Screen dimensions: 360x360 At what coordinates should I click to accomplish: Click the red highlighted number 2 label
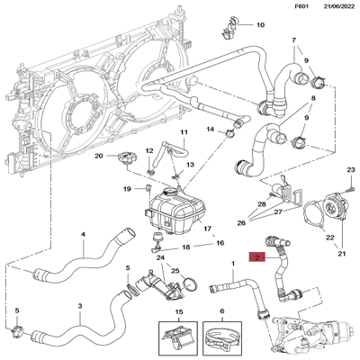259,258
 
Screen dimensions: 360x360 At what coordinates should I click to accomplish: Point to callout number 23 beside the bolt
351,170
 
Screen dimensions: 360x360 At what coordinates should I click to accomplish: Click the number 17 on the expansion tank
206,229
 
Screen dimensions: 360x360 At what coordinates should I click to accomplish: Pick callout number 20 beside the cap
101,156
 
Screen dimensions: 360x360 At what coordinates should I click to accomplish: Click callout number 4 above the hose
83,235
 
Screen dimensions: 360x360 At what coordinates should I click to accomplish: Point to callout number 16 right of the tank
219,243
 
